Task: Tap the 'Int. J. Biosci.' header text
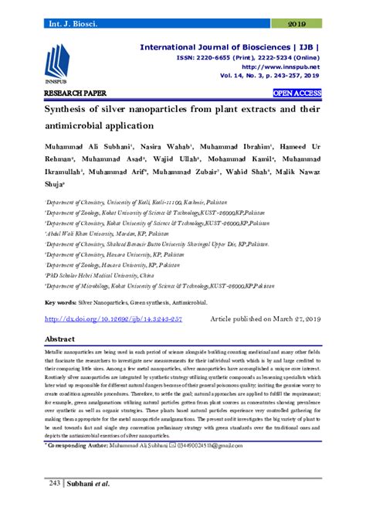pyautogui.click(x=73, y=24)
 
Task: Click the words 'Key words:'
pyautogui.click(x=63, y=302)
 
